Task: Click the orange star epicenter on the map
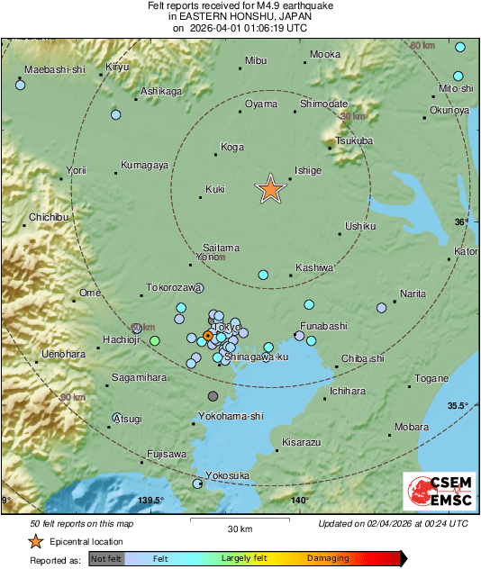click(270, 188)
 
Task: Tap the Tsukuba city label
click(353, 141)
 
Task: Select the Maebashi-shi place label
click(53, 69)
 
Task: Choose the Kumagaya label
click(145, 166)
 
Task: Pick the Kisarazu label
click(302, 443)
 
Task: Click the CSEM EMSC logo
click(439, 492)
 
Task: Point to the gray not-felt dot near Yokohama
click(213, 395)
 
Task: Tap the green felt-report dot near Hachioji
click(155, 340)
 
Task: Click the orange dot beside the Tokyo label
click(207, 336)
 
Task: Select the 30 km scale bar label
click(239, 528)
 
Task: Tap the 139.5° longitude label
click(150, 501)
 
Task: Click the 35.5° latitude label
click(459, 405)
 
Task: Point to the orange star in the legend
click(35, 541)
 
